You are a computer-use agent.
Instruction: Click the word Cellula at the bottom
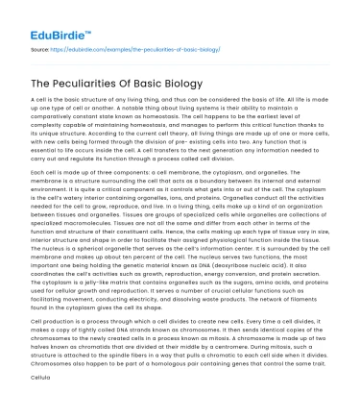click(x=40, y=406)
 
